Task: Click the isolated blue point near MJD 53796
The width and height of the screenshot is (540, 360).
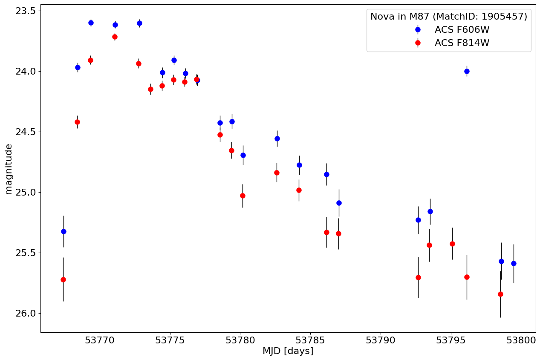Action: coord(467,71)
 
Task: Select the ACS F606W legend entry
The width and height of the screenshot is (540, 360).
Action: coord(462,29)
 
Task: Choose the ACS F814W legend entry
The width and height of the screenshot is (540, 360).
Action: coord(462,43)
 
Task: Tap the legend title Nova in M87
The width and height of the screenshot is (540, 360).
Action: coord(448,17)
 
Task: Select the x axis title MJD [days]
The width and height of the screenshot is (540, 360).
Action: coord(288,351)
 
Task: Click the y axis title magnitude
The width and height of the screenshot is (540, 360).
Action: coord(9,169)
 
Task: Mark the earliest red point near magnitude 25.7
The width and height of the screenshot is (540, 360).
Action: coord(63,279)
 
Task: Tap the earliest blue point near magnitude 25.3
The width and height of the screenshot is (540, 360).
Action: coord(64,231)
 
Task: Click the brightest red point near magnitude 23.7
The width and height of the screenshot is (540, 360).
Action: coord(115,37)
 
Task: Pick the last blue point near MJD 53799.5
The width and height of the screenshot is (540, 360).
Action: coord(514,263)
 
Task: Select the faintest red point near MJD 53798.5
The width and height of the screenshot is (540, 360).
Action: coord(500,294)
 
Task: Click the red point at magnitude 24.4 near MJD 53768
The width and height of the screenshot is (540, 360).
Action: coord(77,122)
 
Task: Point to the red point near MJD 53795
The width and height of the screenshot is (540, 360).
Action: coord(452,244)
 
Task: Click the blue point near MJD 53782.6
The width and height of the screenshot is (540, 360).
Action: coord(277,138)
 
